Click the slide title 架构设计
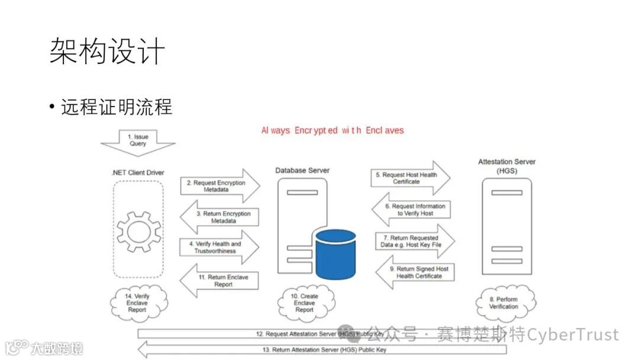(x=106, y=52)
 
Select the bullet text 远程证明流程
(x=117, y=107)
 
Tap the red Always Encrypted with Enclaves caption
(x=333, y=130)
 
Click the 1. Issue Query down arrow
(x=138, y=141)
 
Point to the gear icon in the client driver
(x=138, y=227)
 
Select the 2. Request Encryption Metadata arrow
(x=219, y=186)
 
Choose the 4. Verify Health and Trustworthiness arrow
(x=219, y=247)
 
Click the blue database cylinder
(x=335, y=253)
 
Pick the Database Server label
(x=302, y=171)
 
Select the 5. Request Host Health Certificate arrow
(x=409, y=178)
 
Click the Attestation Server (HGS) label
(x=506, y=166)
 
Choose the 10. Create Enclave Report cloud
(x=305, y=303)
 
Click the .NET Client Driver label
(x=138, y=173)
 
